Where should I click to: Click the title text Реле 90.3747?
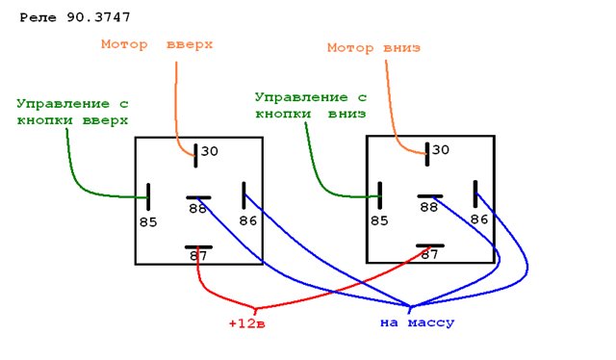pos(75,17)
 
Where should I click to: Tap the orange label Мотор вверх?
pos(157,44)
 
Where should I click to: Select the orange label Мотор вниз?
pos(373,48)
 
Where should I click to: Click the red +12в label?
pos(246,323)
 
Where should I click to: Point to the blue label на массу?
pos(417,323)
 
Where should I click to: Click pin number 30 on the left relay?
pos(210,151)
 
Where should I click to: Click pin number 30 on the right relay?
pos(441,150)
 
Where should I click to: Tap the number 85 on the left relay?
pos(148,222)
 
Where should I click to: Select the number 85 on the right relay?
pos(379,220)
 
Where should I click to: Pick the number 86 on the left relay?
pos(248,220)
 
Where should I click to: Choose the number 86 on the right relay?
pos(479,219)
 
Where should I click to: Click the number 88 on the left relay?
pos(197,209)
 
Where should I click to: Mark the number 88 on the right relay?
pos(428,207)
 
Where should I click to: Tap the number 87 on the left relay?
pos(198,256)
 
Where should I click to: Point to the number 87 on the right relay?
pos(429,255)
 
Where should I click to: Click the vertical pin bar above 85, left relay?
pos(148,196)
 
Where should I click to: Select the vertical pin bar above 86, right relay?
pos(475,193)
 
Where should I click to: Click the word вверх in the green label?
pos(105,120)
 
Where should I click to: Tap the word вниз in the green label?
pos(346,114)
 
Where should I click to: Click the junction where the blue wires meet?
pos(411,306)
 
